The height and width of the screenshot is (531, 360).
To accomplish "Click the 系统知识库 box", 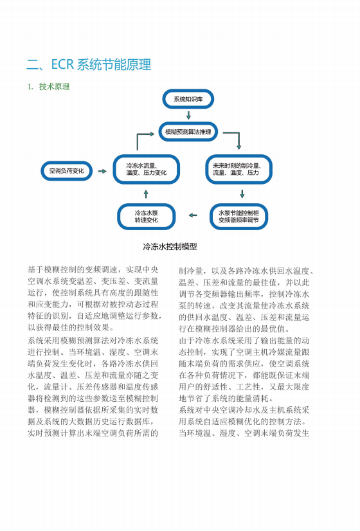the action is coord(188,99).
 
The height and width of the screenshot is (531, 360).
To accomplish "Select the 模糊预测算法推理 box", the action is coord(188,132).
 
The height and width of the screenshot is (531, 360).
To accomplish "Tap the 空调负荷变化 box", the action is coord(66,171).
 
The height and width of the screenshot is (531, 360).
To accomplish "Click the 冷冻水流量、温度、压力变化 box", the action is coord(147,169).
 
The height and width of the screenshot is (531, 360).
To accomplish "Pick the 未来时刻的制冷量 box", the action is coord(239,169).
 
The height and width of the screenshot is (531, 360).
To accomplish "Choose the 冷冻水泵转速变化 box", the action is coord(147,217).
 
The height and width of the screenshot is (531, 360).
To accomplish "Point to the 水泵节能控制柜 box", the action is coord(239,217).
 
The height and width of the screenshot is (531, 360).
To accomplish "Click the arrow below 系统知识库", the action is coord(188,115).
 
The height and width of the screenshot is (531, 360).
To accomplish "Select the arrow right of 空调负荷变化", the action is coord(102,172).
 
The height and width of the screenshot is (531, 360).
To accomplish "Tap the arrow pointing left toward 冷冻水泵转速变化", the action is coord(193,215).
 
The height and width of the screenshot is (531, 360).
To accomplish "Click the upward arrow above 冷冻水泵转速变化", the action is coord(146,194).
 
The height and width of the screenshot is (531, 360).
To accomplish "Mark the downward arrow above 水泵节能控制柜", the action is coord(242,194).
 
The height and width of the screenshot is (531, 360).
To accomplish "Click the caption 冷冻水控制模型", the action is coord(170,247).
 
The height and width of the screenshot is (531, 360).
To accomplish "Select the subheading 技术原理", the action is coord(54,87).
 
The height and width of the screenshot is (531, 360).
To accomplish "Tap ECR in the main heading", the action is coord(62,64).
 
